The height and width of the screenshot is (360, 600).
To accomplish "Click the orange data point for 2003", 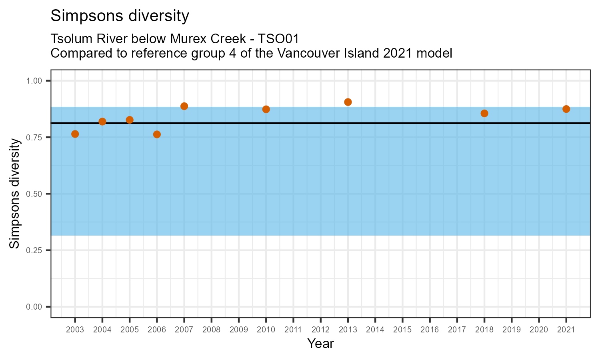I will pyautogui.click(x=75, y=134).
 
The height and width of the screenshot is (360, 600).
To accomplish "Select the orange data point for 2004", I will pyautogui.click(x=102, y=122).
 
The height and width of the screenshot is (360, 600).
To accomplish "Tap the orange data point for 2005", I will pyautogui.click(x=130, y=120).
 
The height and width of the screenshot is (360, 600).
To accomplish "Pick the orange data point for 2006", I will pyautogui.click(x=157, y=134).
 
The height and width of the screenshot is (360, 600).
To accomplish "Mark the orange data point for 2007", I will pyautogui.click(x=184, y=106).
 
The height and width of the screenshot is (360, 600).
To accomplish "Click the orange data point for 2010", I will pyautogui.click(x=266, y=109).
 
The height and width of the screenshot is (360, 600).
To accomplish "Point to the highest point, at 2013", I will pyautogui.click(x=348, y=102).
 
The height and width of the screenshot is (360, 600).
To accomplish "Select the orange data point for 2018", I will pyautogui.click(x=484, y=113).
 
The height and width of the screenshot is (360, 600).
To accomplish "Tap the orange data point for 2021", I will pyautogui.click(x=566, y=109).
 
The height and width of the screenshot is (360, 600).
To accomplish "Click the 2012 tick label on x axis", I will pyautogui.click(x=320, y=330).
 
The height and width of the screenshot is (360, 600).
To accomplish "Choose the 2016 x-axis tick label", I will pyautogui.click(x=430, y=330).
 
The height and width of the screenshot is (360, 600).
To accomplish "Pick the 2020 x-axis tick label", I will pyautogui.click(x=539, y=330).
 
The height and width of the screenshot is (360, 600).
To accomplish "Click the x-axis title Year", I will pyautogui.click(x=320, y=344).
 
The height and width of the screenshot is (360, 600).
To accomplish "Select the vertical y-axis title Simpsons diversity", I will pyautogui.click(x=15, y=194).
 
